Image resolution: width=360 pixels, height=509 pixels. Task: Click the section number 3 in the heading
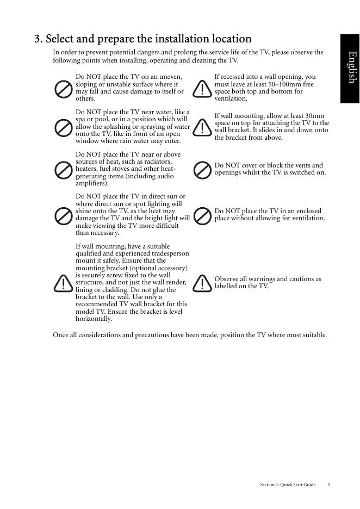tap(38, 39)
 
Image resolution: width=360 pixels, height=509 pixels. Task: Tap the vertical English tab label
tap(352, 67)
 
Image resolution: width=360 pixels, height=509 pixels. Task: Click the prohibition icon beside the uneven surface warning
tap(64, 88)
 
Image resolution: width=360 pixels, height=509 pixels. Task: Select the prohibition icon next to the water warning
tap(64, 128)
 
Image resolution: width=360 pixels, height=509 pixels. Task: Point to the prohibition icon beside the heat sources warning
tap(64, 170)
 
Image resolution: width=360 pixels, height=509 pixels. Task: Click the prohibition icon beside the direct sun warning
tap(64, 215)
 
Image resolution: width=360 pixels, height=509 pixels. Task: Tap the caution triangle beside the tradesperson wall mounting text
tap(64, 283)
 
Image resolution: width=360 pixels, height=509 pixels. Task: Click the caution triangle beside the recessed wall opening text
tap(203, 88)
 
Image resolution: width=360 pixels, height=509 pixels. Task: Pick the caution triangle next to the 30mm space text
tap(203, 127)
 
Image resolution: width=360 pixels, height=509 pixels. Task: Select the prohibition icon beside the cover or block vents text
tap(203, 170)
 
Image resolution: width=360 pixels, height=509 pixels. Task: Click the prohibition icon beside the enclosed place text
tap(203, 215)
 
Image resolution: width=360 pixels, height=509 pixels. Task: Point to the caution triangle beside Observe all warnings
tap(203, 283)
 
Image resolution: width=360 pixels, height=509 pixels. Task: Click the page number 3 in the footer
tap(328, 484)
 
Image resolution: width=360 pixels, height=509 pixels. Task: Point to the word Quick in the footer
tap(288, 484)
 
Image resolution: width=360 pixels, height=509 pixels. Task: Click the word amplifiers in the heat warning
tap(91, 184)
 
